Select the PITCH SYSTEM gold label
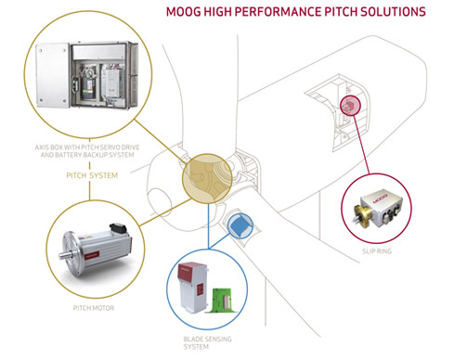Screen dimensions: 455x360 coord(92,175)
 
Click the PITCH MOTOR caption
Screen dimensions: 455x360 coord(94,308)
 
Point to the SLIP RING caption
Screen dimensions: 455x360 coord(377,251)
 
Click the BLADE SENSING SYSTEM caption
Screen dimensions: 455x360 coord(207,342)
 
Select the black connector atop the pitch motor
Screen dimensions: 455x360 coord(118,227)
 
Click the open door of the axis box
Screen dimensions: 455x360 coord(52,75)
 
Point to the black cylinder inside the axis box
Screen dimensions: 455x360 coord(87,88)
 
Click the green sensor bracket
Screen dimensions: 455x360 coord(224,301)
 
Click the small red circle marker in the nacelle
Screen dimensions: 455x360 coord(350,106)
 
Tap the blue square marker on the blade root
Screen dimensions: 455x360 coord(240,226)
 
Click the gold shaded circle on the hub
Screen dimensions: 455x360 coord(207,179)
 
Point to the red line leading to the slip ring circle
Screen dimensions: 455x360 coord(361,145)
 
